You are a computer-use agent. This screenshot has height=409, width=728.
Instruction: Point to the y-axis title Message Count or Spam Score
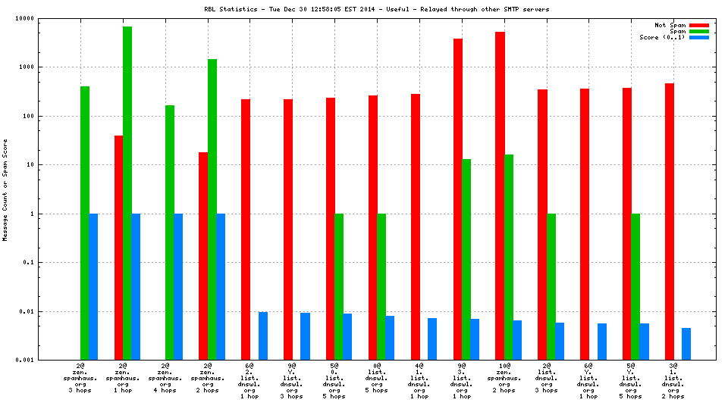[5, 189]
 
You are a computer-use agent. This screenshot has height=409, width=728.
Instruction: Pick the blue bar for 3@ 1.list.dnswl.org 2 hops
[686, 344]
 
